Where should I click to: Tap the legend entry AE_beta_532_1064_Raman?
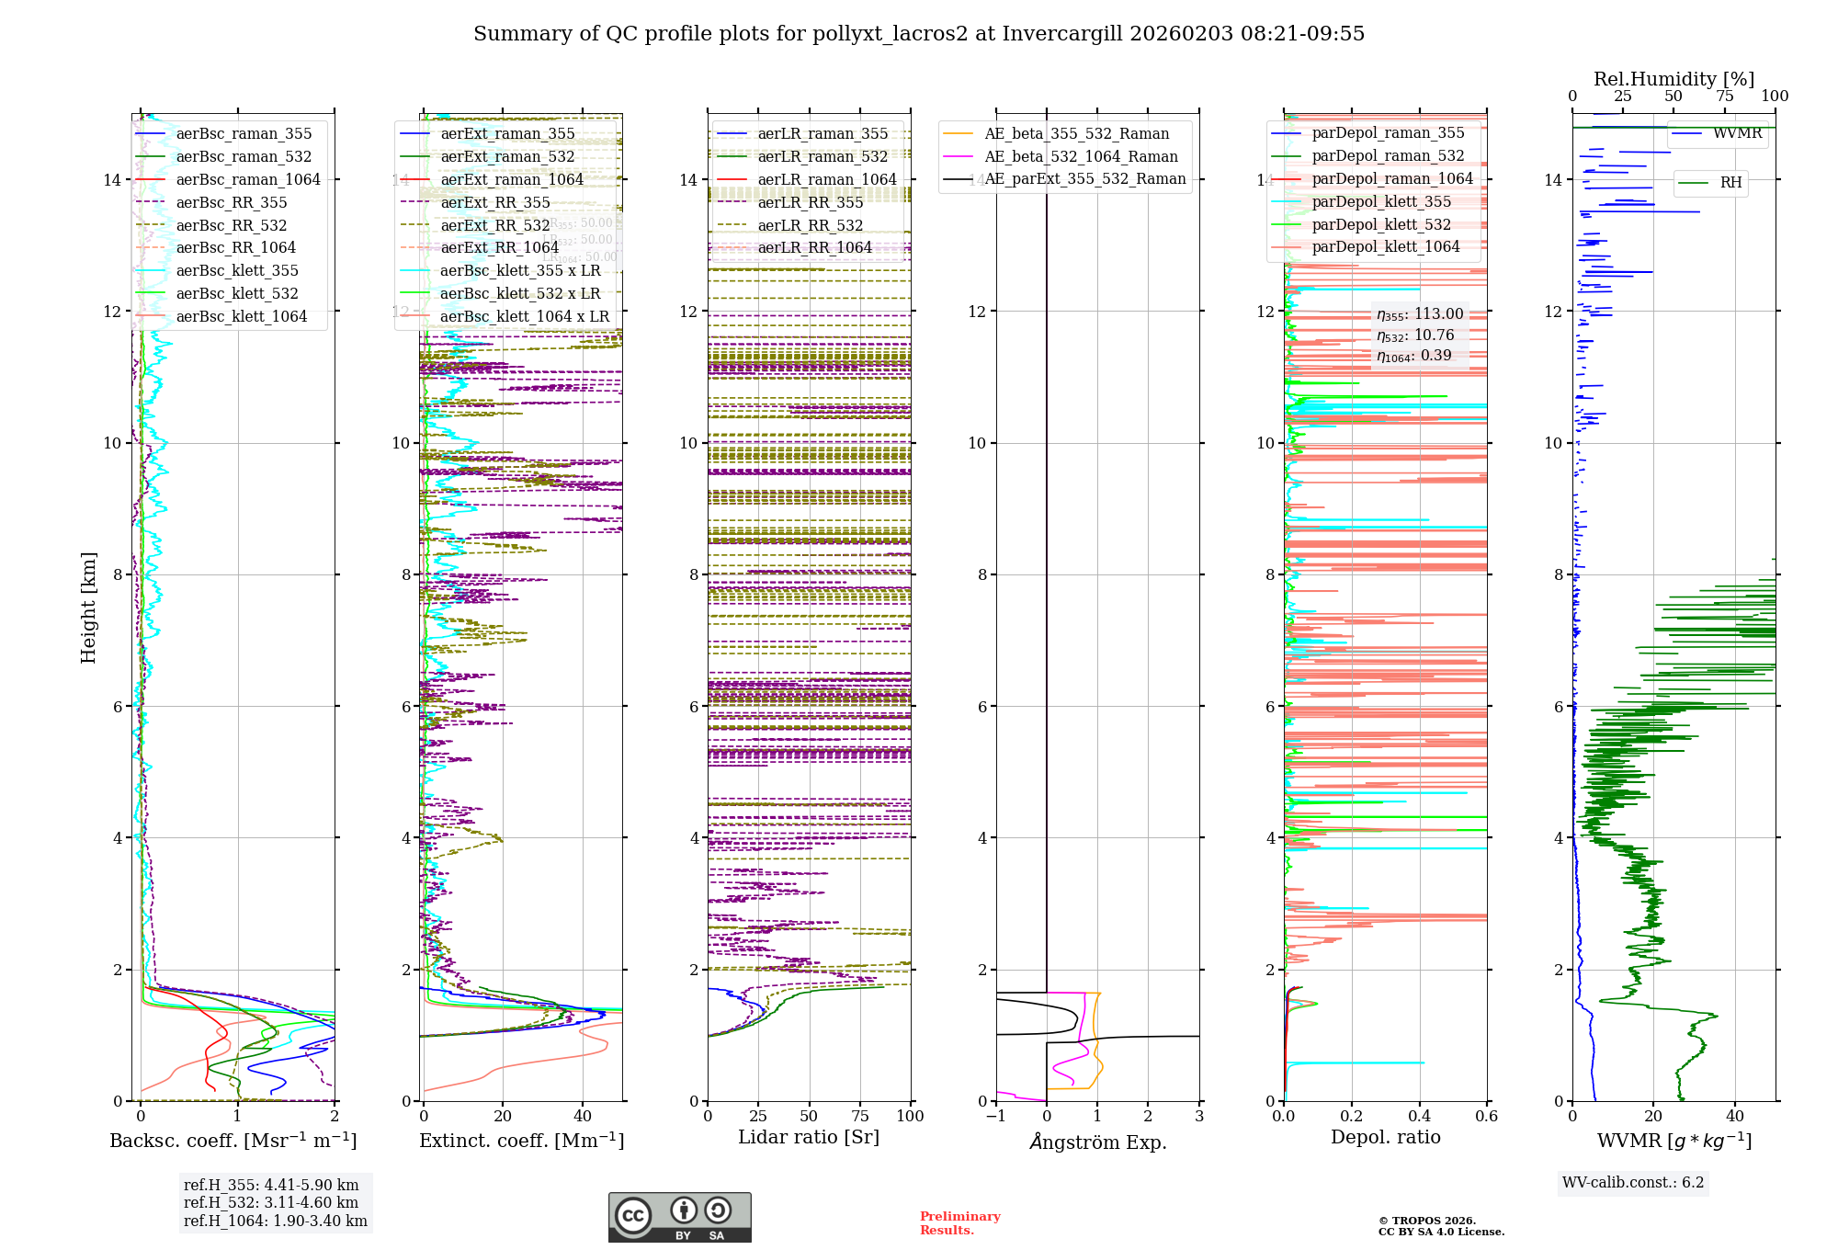pyautogui.click(x=1081, y=156)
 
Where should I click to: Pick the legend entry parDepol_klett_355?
pyautogui.click(x=1381, y=201)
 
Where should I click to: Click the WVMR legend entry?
pyautogui.click(x=1737, y=133)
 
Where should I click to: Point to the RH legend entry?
pyautogui.click(x=1730, y=183)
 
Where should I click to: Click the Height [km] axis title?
pyautogui.click(x=88, y=607)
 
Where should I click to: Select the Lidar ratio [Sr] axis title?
pyautogui.click(x=809, y=1138)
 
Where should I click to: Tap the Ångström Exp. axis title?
pyautogui.click(x=1097, y=1142)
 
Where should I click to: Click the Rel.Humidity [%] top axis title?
pyautogui.click(x=1673, y=79)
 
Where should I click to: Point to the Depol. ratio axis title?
pyautogui.click(x=1385, y=1138)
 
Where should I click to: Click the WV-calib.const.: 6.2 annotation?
pyautogui.click(x=1633, y=1183)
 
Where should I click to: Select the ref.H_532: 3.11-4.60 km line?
pyautogui.click(x=271, y=1202)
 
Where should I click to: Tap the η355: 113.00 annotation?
pyautogui.click(x=1420, y=314)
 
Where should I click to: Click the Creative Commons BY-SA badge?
pyautogui.click(x=679, y=1217)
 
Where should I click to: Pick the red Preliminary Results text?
pyautogui.click(x=959, y=1223)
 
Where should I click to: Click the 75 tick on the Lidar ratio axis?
pyautogui.click(x=860, y=1117)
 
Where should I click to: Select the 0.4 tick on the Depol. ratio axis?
pyautogui.click(x=1419, y=1117)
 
